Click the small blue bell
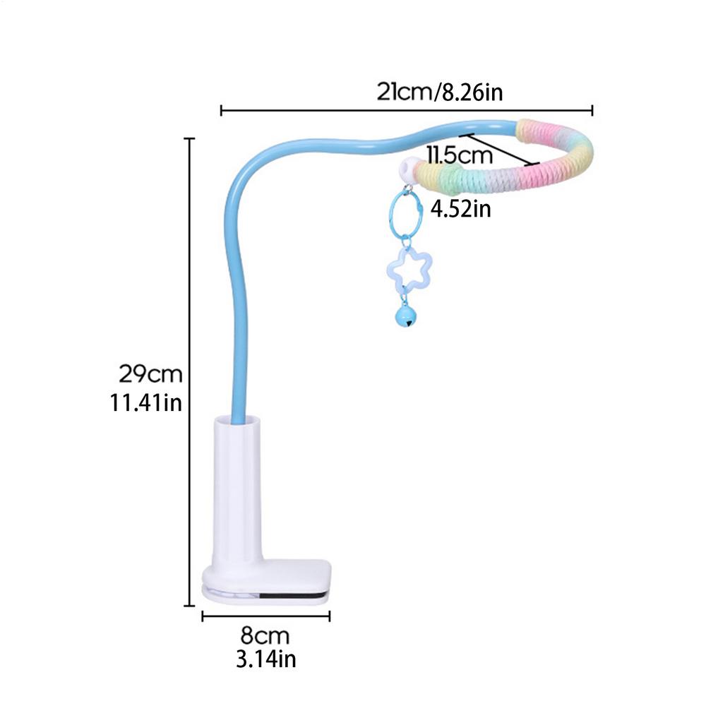click(x=405, y=315)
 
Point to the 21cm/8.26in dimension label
click(x=439, y=92)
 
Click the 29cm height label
click(x=150, y=373)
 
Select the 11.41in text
click(x=146, y=402)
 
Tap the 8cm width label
click(x=265, y=635)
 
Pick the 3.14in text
click(x=265, y=659)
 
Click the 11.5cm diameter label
click(x=460, y=155)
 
